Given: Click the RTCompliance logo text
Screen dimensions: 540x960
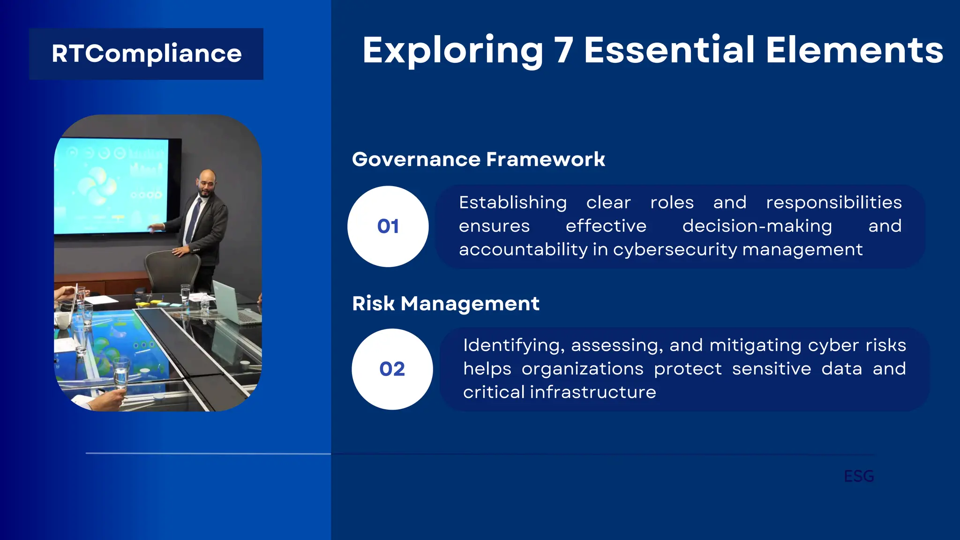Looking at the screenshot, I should coord(146,54).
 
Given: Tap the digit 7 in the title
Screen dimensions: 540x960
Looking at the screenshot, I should coord(564,50).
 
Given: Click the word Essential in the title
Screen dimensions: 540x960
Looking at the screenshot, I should coord(669,50).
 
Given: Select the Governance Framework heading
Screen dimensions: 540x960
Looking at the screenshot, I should coord(478,159).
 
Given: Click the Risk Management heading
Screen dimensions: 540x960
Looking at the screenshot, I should coord(445,303).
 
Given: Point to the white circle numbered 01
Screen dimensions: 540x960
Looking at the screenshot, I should coord(388,226).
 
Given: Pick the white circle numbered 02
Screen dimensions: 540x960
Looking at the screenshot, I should coord(392,369).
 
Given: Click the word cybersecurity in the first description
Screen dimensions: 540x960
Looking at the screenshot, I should coord(675,249).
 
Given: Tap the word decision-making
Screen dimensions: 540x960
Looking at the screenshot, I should coord(757,226).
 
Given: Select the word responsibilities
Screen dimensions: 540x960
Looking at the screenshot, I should coord(833,202).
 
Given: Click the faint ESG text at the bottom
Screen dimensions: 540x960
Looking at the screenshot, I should coord(859,476).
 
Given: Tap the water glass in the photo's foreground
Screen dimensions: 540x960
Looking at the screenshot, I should coord(121,373).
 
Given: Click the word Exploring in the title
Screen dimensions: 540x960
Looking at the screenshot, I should coord(452,50).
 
